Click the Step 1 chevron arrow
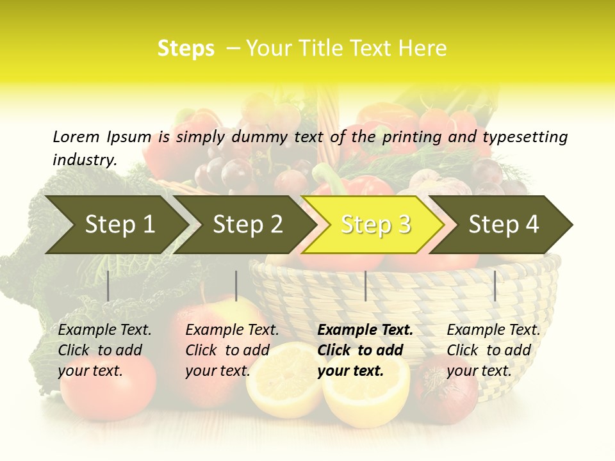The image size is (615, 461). coord(115,225)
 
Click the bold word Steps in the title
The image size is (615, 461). coord(186,49)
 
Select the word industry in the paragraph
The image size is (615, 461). coord(84,159)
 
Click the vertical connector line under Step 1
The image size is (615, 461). coord(108,286)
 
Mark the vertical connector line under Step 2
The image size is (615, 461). coord(236,286)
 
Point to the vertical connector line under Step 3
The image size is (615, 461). coord(365,286)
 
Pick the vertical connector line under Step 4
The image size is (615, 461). coord(495,286)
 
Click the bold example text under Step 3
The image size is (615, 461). coord(365,350)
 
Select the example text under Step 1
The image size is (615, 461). coord(104,350)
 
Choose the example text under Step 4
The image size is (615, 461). coord(493,350)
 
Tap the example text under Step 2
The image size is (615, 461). coord(232,350)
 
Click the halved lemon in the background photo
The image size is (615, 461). coord(365,391)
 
